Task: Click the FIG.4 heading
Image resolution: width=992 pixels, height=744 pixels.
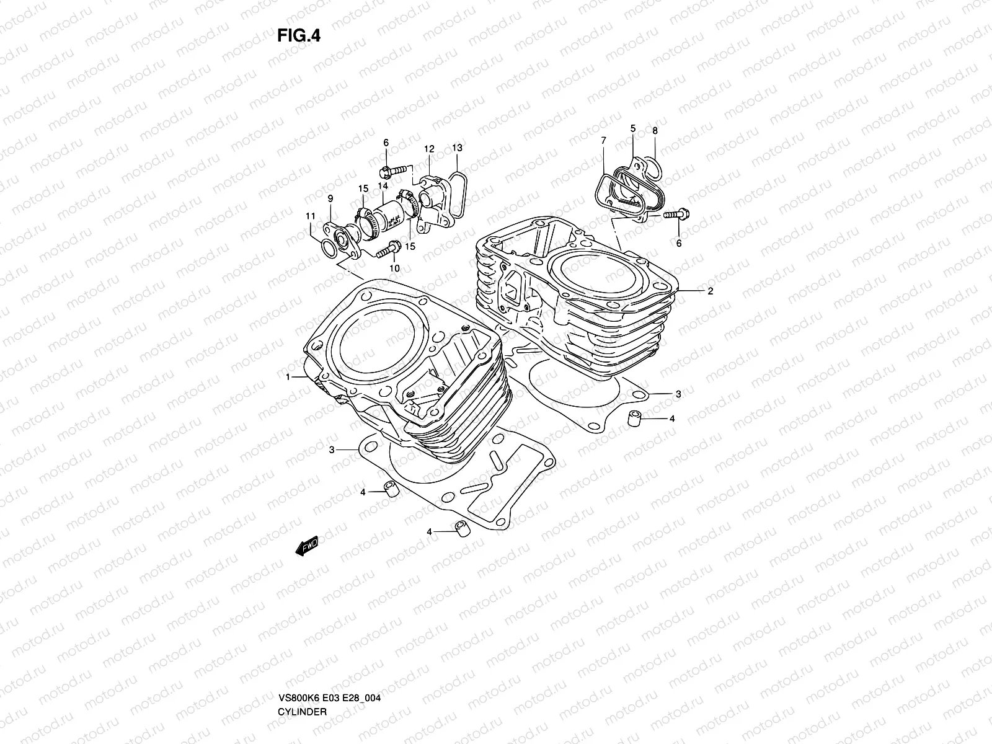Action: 298,35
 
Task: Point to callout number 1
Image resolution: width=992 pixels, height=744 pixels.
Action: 288,377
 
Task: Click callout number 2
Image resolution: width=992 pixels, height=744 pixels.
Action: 711,291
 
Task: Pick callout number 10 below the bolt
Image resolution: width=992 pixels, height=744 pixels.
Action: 394,268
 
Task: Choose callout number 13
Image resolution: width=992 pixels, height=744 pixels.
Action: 457,148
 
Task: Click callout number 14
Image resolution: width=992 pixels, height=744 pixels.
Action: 383,186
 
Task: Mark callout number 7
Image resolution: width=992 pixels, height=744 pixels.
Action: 603,141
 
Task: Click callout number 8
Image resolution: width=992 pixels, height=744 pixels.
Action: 655,131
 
